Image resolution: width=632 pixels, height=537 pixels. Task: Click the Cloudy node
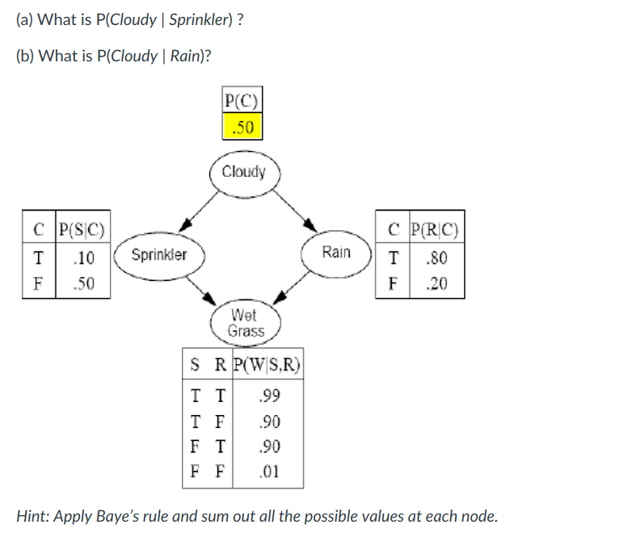(x=243, y=172)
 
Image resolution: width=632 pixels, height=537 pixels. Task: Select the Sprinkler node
(x=159, y=254)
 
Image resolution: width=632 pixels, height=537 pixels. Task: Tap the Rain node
(x=336, y=252)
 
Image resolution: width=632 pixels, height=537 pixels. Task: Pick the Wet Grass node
(x=246, y=323)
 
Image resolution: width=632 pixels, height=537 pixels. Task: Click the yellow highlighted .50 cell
(x=242, y=127)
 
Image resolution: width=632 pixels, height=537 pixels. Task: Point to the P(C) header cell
(x=242, y=102)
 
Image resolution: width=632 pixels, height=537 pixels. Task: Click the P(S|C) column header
(x=82, y=228)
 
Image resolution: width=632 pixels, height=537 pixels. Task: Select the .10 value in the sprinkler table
(x=82, y=258)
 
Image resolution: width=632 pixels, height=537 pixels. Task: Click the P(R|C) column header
(x=436, y=228)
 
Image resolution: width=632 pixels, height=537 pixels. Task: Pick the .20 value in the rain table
(x=437, y=284)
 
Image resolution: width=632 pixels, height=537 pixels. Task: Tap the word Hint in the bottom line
(x=35, y=515)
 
